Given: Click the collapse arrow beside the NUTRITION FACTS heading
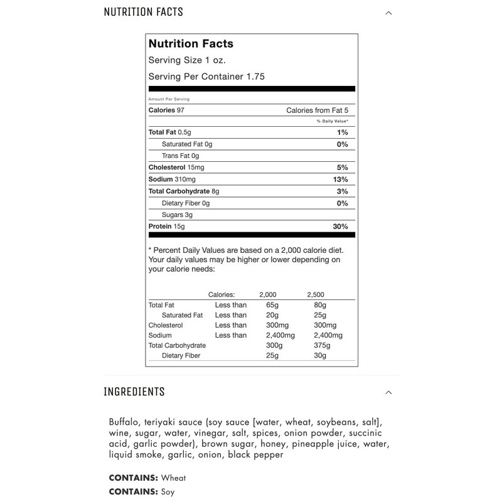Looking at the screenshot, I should [x=388, y=13].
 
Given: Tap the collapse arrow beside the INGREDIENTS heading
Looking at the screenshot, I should [x=388, y=392].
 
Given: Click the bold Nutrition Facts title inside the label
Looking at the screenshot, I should [x=191, y=44].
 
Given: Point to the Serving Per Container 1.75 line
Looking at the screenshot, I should [x=206, y=77].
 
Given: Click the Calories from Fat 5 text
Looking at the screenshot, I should [x=317, y=110].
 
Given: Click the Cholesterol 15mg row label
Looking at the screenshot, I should [x=176, y=168].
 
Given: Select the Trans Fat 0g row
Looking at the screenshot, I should [x=180, y=156].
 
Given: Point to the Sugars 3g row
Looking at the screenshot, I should [x=177, y=215].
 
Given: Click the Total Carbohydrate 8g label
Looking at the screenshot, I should [x=184, y=191].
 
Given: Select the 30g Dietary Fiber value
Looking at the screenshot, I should [x=321, y=356].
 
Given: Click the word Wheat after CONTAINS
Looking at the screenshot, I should [x=174, y=478].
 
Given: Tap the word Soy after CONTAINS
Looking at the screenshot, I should [x=169, y=493].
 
